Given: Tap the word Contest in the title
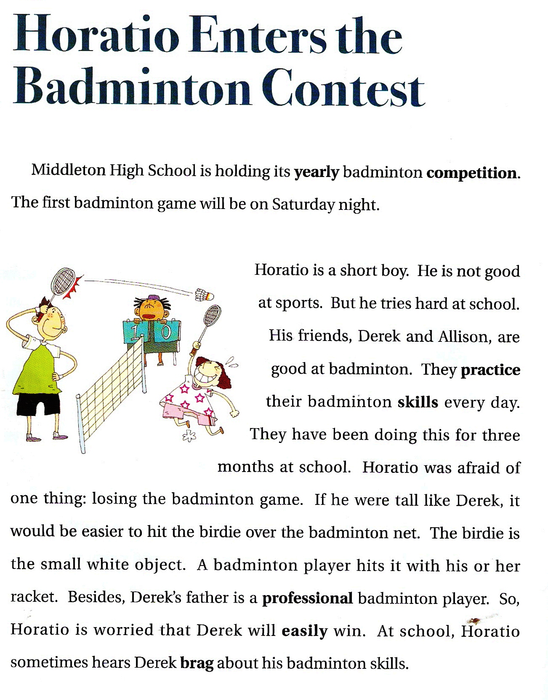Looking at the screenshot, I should tap(343, 89).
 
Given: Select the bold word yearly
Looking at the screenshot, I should tap(317, 172).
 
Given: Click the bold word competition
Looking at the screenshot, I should tap(472, 173).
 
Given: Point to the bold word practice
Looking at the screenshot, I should tap(490, 370).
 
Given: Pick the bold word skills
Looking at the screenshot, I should tap(418, 402).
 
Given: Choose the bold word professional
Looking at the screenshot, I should tap(307, 598).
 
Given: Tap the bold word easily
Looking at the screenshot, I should tap(304, 631).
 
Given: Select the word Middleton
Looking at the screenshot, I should tap(69, 170).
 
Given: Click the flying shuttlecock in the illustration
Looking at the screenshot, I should tap(205, 295).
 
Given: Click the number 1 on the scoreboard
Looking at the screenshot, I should tap(134, 333).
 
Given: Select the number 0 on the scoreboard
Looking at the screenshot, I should tap(165, 332).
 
